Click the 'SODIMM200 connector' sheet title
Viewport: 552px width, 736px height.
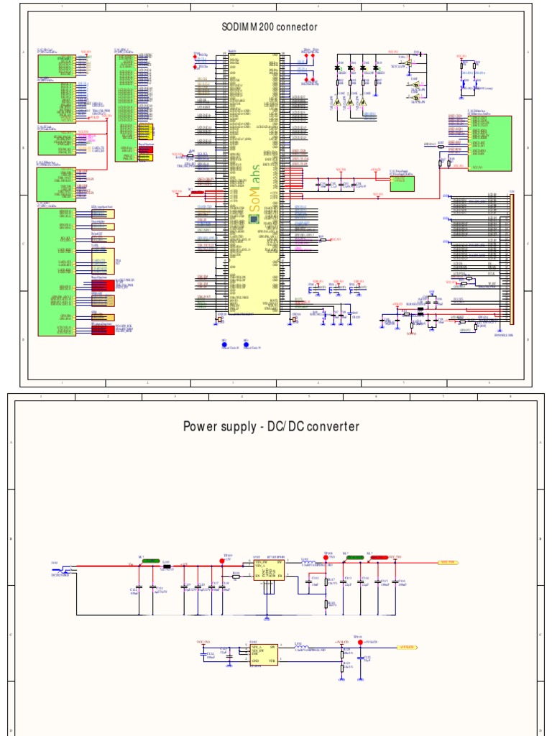pos(270,27)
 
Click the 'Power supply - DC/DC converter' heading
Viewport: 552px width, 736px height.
pos(271,426)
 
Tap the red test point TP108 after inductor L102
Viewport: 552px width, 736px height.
pos(326,558)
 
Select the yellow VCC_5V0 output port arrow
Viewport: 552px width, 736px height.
pos(447,563)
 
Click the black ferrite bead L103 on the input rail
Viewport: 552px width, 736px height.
pos(167,566)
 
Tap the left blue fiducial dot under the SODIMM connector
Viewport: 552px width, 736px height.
pos(224,344)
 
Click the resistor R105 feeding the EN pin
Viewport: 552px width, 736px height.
pos(236,575)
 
